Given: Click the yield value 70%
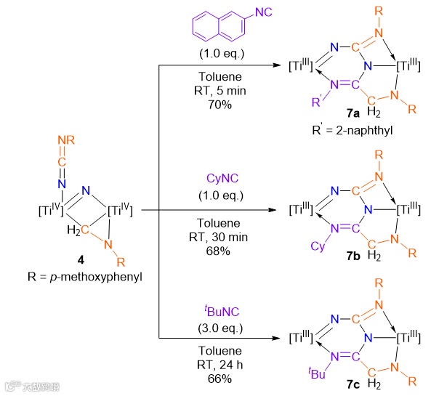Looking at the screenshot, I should pos(217,104).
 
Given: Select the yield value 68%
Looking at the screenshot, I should pos(217,251).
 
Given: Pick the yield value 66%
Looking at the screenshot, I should pos(217,379).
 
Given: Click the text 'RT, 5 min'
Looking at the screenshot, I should pos(217,91).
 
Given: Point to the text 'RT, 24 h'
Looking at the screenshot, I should pos(217,365).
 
